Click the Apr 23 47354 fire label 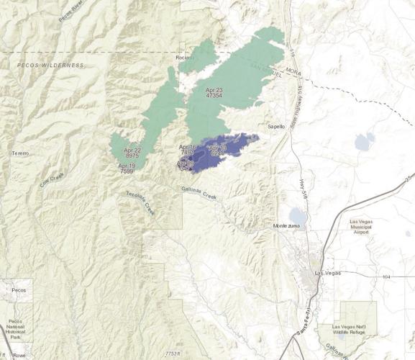pos(214,91)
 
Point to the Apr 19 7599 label pos(126,168)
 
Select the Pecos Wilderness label pos(51,65)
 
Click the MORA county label pos(293,72)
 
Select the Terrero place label pos(19,154)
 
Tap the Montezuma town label pos(291,227)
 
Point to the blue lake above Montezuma pos(296,215)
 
